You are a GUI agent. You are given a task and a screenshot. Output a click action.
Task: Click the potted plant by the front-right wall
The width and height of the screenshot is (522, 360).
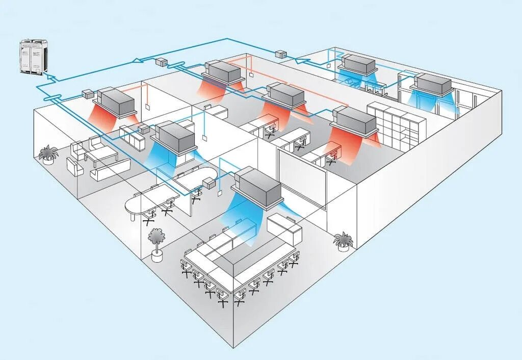click(x=343, y=241)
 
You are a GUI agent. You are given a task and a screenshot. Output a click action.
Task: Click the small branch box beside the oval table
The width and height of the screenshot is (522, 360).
click(x=210, y=184)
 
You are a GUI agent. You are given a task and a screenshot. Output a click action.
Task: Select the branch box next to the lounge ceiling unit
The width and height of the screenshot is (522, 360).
click(x=88, y=94)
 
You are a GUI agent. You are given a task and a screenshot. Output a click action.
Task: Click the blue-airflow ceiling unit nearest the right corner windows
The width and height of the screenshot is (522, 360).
click(x=434, y=84)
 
